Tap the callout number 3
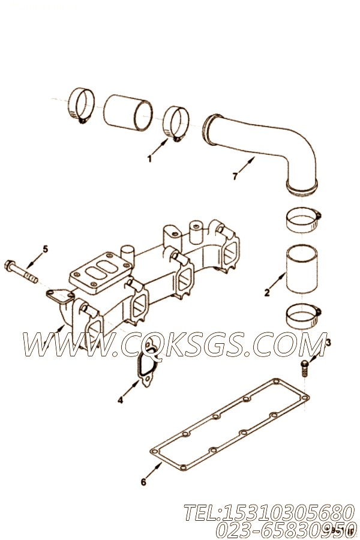tap(328, 343)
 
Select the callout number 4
tap(120, 400)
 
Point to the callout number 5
tap(44, 248)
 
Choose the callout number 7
tap(235, 176)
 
